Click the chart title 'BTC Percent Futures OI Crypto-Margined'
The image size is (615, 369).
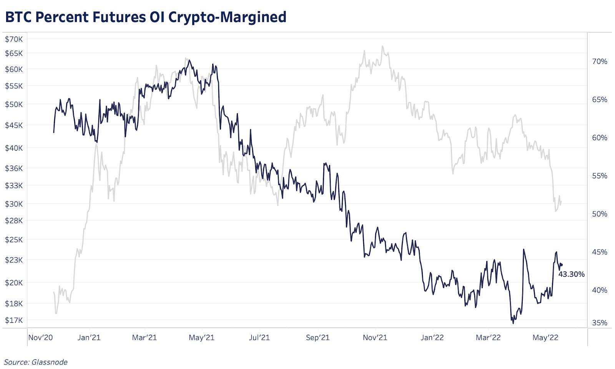(x=146, y=17)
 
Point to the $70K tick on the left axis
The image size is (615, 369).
(x=14, y=39)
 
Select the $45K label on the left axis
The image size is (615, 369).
(x=14, y=125)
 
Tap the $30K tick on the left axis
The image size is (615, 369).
(x=14, y=204)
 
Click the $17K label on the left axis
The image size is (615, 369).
(x=14, y=320)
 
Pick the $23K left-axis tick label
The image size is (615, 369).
(x=14, y=260)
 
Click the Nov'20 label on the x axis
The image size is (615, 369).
(x=40, y=338)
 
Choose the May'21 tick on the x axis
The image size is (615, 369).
(x=202, y=338)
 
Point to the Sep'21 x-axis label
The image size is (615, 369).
(x=318, y=338)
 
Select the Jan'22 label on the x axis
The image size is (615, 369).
(x=432, y=338)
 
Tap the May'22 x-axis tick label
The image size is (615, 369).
(x=545, y=338)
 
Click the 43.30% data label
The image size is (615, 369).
(x=572, y=274)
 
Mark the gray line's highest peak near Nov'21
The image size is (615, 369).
(x=382, y=47)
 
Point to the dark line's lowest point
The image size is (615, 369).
(x=513, y=323)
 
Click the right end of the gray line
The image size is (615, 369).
(x=562, y=201)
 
